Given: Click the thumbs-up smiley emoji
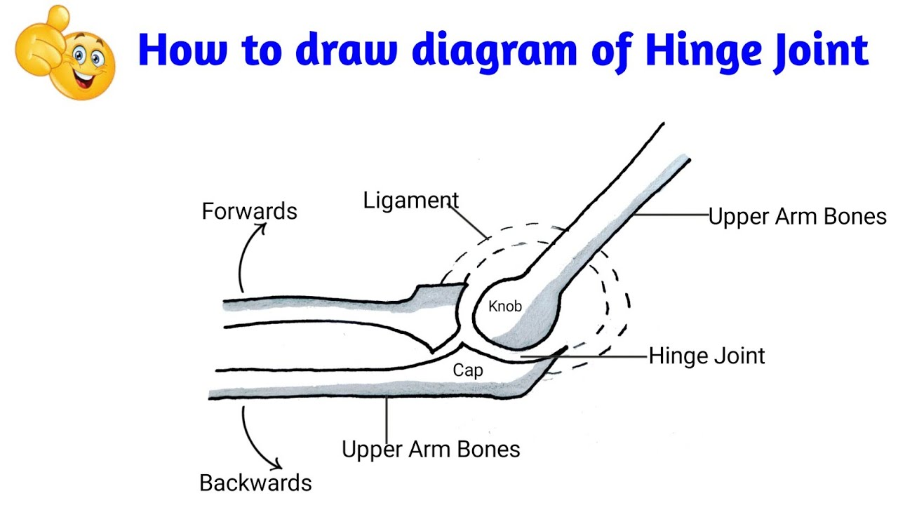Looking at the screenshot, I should (x=65, y=53).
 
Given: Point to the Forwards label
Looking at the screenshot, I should (x=249, y=211).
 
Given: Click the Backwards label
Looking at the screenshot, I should (x=255, y=483).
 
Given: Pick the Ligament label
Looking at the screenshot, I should (x=410, y=201).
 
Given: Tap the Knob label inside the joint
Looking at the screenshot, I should (x=505, y=307).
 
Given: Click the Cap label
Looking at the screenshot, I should (x=467, y=370).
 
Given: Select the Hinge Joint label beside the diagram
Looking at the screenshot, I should (x=706, y=356).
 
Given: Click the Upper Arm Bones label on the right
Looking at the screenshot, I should (x=797, y=217).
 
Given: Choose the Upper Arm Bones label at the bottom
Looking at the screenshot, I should (x=431, y=449).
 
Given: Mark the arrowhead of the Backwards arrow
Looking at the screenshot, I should (x=278, y=465).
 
